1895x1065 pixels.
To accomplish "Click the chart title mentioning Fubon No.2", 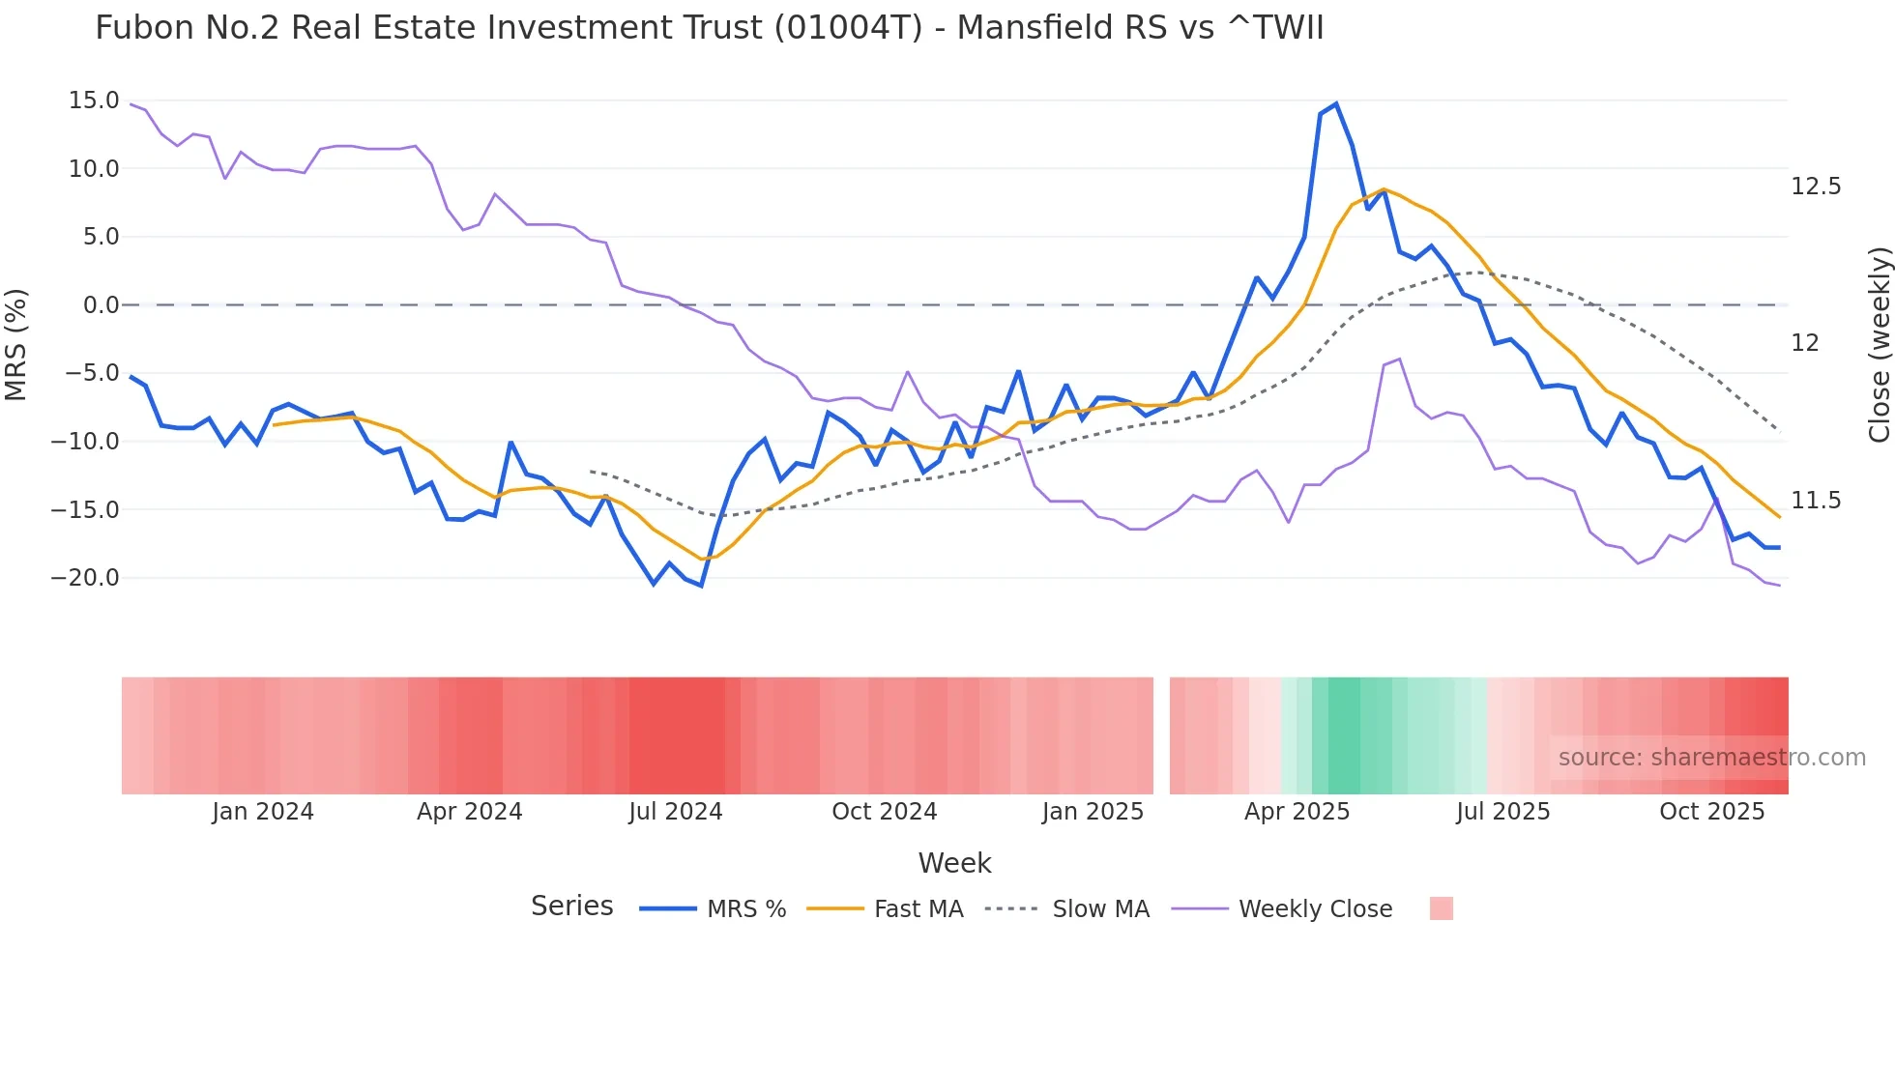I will [709, 28].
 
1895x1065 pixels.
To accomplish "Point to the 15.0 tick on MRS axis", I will [94, 101].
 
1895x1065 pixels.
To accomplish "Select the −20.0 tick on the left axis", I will [85, 578].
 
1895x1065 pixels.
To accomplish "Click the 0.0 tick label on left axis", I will [101, 305].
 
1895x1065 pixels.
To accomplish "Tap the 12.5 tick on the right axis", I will [1816, 187].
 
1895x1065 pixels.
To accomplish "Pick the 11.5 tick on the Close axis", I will [1816, 501].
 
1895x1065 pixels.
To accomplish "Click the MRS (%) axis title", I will [16, 345].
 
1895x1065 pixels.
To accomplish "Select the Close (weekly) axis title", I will [1879, 345].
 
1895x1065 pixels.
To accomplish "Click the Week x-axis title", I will [954, 863].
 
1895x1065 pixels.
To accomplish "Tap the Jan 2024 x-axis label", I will [263, 812].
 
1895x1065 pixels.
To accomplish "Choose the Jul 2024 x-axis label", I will [675, 812].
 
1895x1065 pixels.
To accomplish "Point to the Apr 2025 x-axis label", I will [1297, 812].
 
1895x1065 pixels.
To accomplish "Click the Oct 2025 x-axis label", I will [1711, 812].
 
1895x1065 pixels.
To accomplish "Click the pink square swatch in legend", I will [1441, 908].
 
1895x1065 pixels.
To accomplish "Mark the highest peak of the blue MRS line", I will [1336, 103].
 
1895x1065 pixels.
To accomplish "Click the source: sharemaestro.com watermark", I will [1711, 758].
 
